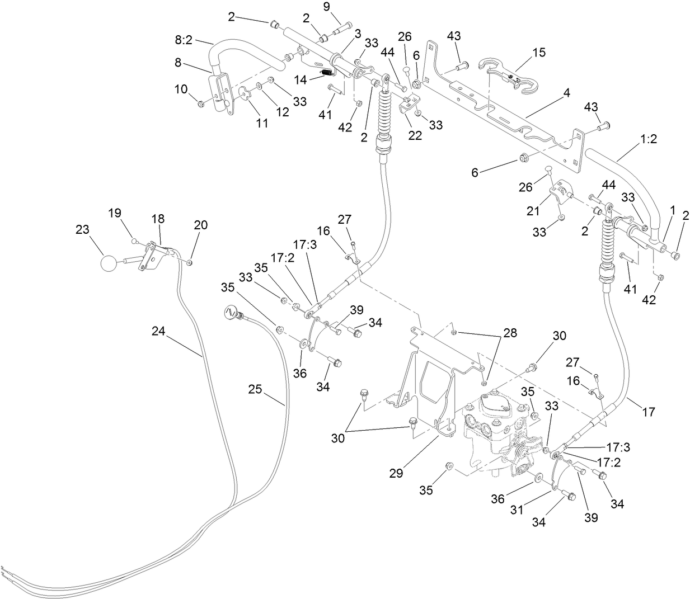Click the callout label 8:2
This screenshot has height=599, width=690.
click(x=184, y=40)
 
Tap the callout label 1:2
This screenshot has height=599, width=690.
click(x=648, y=139)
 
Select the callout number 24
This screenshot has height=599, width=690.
click(x=158, y=331)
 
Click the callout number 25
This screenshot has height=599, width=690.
click(x=255, y=389)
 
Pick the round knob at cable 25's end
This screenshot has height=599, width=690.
click(x=231, y=311)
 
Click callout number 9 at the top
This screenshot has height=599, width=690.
click(x=326, y=7)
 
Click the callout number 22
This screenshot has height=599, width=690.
click(x=415, y=135)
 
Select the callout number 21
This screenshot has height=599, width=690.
click(x=533, y=211)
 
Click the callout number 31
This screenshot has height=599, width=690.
click(x=517, y=510)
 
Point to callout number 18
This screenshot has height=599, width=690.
click(x=157, y=219)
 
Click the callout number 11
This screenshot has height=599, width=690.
click(x=262, y=123)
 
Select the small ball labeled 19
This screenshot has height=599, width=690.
click(x=134, y=241)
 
